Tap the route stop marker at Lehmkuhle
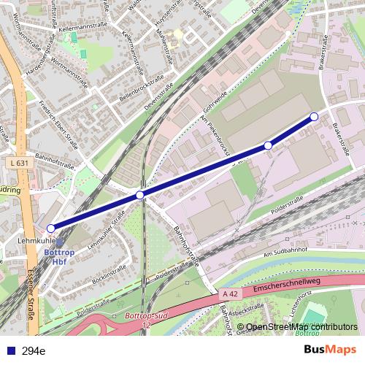tap(50, 228)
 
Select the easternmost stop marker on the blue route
tap(314, 117)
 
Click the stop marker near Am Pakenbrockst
tap(268, 146)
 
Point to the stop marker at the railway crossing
tap(139, 195)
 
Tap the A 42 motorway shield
tap(231, 293)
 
